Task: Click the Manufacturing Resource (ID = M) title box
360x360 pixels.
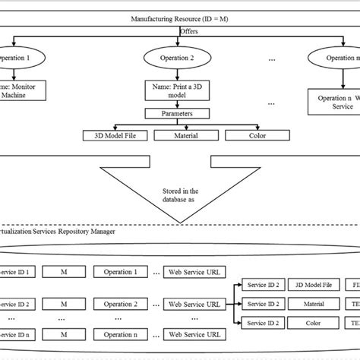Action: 180,18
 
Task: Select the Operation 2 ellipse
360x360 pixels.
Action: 181,58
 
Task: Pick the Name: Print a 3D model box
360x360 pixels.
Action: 180,92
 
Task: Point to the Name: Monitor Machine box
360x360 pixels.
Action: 21,92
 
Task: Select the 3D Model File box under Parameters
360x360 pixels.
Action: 113,136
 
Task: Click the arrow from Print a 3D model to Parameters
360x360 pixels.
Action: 180,105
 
